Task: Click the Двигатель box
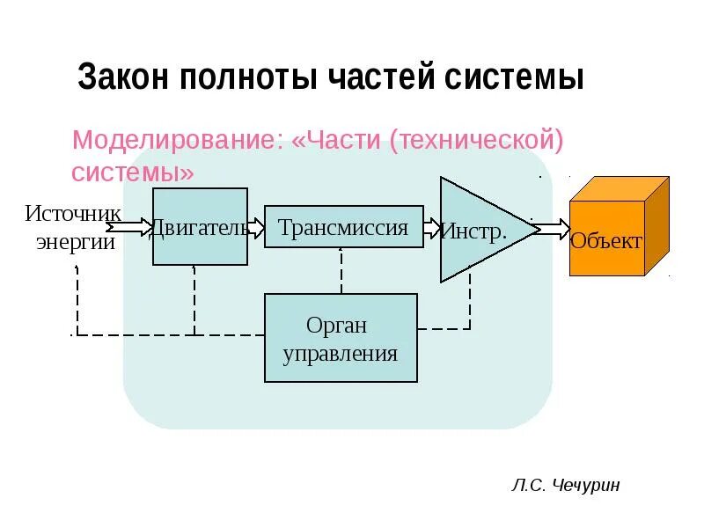pos(200,226)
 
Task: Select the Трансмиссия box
pos(343,227)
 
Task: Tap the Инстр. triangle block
pos(480,230)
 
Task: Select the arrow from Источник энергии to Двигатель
pos(128,227)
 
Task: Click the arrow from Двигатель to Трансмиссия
pos(256,227)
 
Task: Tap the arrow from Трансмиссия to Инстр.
pos(432,227)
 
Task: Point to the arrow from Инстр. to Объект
pos(552,229)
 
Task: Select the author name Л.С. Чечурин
pos(564,485)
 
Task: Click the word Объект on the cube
pos(606,240)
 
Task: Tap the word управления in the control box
pos(341,354)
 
